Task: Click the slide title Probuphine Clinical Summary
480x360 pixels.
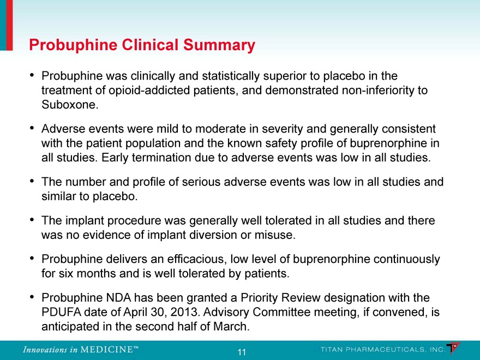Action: click(142, 45)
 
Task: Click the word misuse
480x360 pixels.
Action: click(276, 236)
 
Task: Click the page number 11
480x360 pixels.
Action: click(240, 352)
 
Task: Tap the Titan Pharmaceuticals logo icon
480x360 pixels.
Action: click(453, 347)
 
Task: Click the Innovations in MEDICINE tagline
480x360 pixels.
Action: click(80, 350)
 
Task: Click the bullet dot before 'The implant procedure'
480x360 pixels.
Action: click(33, 220)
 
